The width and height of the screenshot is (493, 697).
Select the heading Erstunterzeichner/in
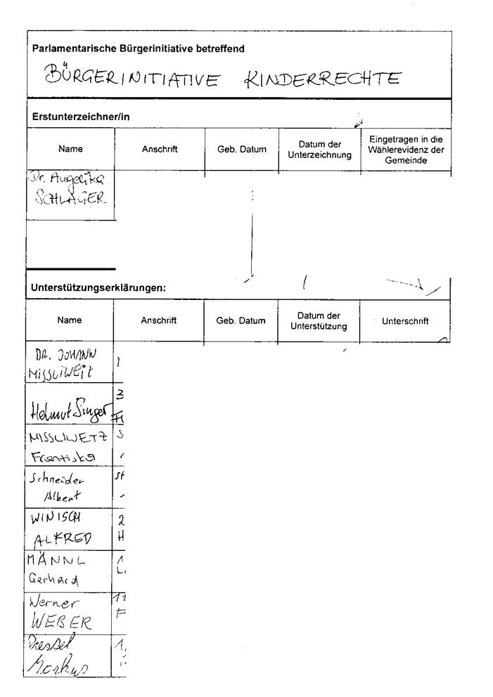pos(81,116)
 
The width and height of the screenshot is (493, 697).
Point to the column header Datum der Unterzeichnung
pos(319,150)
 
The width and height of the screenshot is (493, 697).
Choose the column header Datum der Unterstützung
pos(318,321)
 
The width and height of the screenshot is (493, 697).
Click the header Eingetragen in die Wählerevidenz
pos(406,150)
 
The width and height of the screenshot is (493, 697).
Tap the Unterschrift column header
pos(405,321)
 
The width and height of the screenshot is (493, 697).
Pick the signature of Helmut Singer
pos(69,409)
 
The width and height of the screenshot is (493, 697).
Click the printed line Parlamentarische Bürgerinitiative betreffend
pos(139,48)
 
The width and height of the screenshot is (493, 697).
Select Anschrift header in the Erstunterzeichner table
pos(160,149)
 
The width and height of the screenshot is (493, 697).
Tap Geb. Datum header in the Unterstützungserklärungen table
pos(241,321)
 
